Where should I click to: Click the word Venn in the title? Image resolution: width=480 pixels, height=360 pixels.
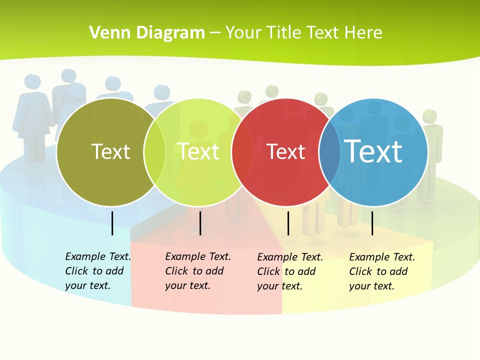point(106,33)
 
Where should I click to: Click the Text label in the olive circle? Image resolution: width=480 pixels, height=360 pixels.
point(110,152)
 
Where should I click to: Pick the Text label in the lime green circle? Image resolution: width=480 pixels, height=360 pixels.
point(198,152)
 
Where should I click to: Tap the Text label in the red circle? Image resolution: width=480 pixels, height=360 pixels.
point(286,152)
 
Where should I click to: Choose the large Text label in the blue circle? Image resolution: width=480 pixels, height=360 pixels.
point(373,151)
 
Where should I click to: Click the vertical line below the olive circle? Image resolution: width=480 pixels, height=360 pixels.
point(112,223)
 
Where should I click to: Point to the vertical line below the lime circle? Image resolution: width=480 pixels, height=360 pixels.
point(200,223)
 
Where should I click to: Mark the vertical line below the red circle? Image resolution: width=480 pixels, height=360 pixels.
point(288,223)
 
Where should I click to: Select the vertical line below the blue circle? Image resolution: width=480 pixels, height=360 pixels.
point(372,223)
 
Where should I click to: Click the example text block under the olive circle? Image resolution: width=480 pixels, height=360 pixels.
point(98,271)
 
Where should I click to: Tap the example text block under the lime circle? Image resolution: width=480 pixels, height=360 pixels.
point(198,271)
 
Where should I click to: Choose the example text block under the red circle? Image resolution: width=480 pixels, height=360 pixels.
point(290,271)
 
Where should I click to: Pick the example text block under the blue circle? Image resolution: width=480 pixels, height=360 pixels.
point(382,271)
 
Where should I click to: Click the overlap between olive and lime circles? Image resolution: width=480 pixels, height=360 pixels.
point(155,152)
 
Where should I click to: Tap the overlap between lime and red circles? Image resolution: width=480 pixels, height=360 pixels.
point(242,152)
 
